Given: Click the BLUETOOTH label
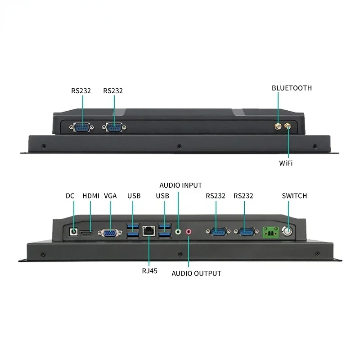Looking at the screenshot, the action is [292, 88].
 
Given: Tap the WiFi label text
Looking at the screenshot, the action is [286, 163].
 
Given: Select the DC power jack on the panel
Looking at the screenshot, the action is [73, 232].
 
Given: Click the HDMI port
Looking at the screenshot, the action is [86, 233].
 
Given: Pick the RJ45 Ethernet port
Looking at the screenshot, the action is [148, 231].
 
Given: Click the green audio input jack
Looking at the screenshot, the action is [178, 232].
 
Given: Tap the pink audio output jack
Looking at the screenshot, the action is [189, 232].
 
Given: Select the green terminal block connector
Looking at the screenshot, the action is [271, 232].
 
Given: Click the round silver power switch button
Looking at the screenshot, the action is [287, 231].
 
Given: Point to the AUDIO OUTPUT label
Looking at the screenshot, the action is [196, 274].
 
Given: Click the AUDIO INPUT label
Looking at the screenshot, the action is [181, 185].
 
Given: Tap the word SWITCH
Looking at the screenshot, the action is [294, 196].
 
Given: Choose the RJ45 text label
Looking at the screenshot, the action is [150, 271].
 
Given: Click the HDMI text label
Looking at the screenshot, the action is [91, 196].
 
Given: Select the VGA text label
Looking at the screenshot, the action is [110, 196].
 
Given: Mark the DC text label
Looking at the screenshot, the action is [70, 196].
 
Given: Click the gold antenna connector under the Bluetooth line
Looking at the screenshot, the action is [278, 126].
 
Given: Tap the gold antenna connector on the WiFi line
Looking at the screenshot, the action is [288, 126].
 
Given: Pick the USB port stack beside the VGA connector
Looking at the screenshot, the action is [133, 231].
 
